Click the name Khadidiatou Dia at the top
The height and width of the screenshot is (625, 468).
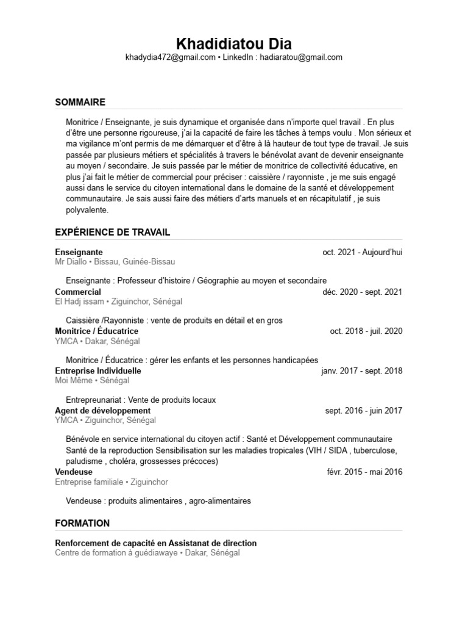click(x=234, y=44)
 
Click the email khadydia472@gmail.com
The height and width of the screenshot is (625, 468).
click(x=170, y=57)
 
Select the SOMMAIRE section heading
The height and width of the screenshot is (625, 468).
click(x=80, y=102)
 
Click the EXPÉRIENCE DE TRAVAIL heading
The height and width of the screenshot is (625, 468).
click(x=113, y=233)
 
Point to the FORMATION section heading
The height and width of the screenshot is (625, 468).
click(x=82, y=523)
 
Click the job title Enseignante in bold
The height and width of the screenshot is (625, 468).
click(x=79, y=252)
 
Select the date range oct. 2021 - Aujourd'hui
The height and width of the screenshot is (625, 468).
click(x=363, y=252)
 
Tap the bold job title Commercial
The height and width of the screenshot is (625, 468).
click(x=78, y=292)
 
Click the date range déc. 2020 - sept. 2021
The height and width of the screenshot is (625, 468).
click(x=363, y=292)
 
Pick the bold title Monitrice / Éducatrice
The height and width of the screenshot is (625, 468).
click(x=96, y=331)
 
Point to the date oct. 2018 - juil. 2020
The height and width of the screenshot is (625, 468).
click(x=366, y=331)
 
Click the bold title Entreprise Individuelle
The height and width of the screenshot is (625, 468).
click(x=98, y=370)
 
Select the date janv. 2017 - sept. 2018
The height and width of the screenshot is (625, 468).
click(x=361, y=370)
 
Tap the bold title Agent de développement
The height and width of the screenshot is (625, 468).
click(x=102, y=411)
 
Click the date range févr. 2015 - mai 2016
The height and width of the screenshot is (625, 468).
click(x=364, y=472)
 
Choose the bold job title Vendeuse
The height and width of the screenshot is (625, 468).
click(x=74, y=472)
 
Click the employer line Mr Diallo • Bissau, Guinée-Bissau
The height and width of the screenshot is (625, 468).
click(x=115, y=262)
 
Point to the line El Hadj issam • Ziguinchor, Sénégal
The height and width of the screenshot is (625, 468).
click(x=118, y=302)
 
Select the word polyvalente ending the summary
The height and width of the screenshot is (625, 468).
click(x=87, y=210)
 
